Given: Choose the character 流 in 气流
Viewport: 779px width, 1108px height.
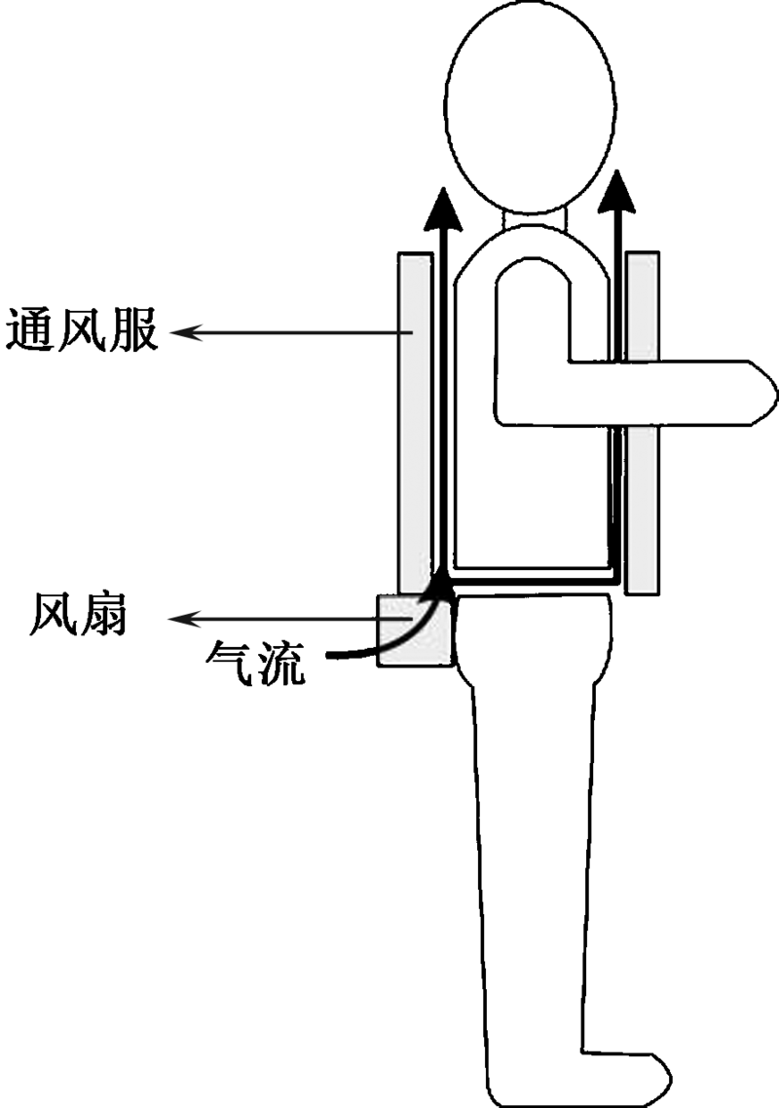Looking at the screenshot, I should click(x=279, y=663).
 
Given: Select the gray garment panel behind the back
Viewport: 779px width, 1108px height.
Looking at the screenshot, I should click(x=414, y=419).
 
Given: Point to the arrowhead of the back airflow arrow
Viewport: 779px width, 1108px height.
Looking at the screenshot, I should click(x=444, y=207).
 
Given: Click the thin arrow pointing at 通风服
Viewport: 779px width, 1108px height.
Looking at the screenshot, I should click(x=292, y=333).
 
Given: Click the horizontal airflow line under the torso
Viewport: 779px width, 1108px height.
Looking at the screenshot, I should click(x=531, y=582).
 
